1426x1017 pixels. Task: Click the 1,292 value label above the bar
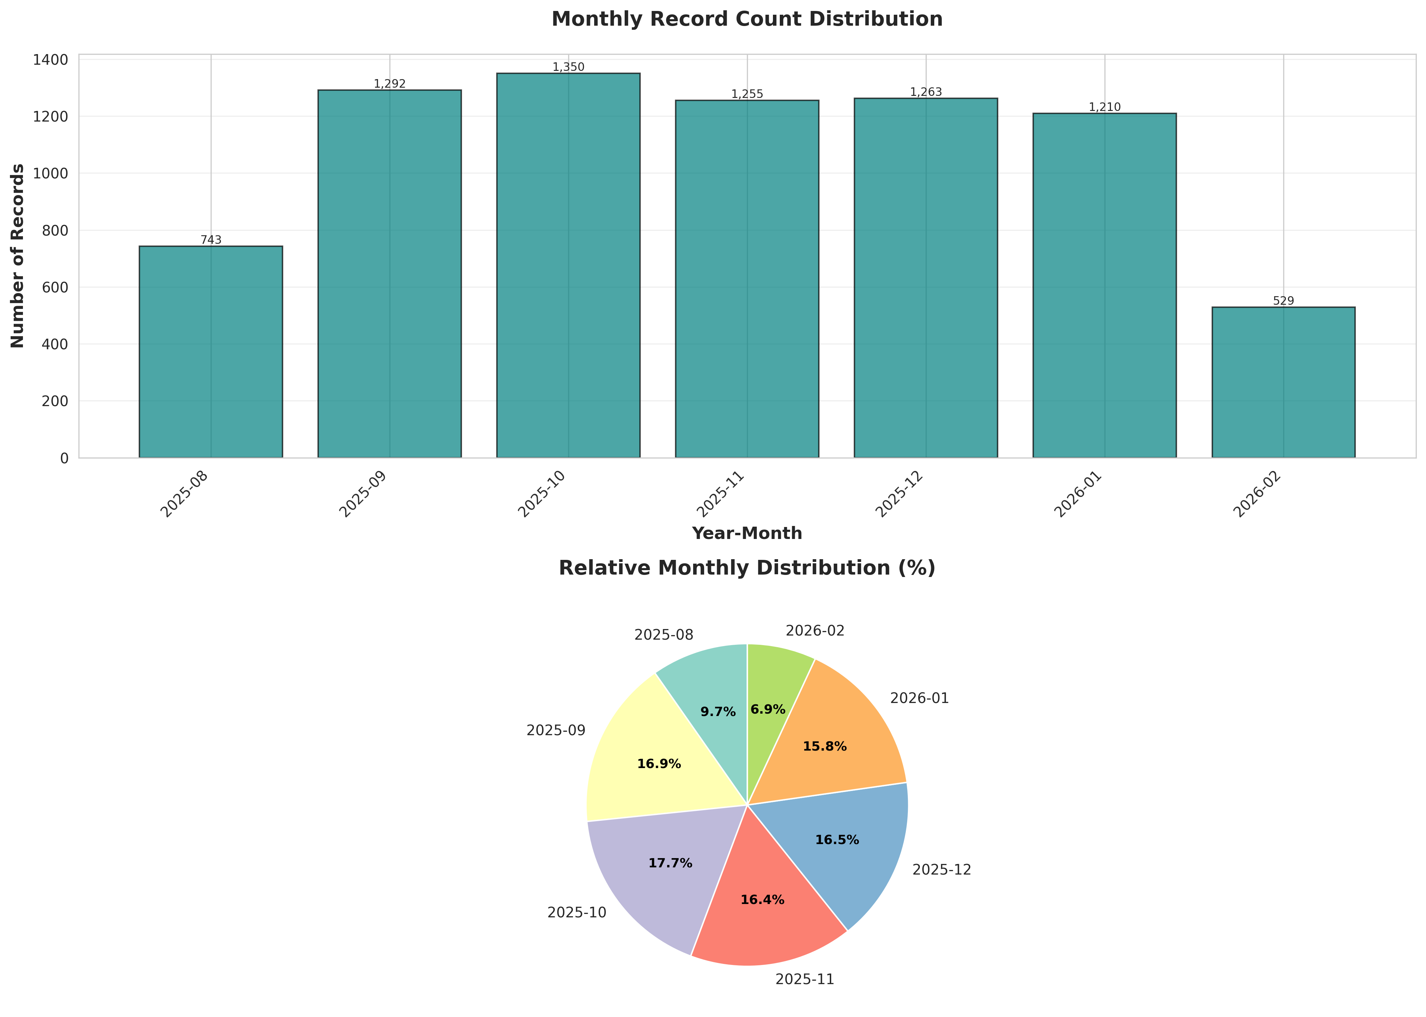point(389,84)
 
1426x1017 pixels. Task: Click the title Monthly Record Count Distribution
point(747,20)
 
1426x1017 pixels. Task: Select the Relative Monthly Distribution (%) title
point(747,568)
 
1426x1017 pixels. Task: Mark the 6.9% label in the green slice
point(768,710)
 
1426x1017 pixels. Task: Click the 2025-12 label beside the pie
point(941,870)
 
